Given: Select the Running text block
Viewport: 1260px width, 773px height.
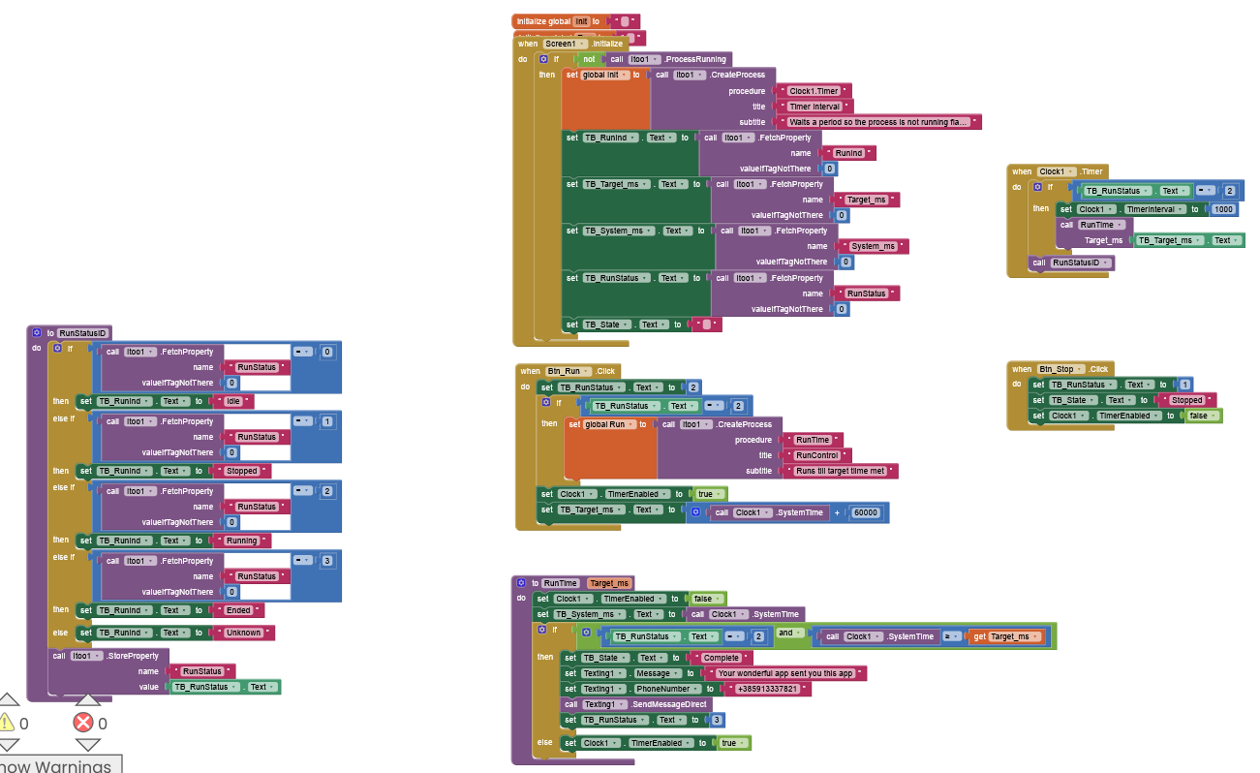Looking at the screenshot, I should (x=242, y=541).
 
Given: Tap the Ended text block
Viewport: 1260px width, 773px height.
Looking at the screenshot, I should (x=238, y=610).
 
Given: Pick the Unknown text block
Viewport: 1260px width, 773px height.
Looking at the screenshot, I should (x=243, y=633).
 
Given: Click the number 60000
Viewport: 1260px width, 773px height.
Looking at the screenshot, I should (x=865, y=512).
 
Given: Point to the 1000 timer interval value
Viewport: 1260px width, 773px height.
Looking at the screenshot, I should (x=1224, y=209).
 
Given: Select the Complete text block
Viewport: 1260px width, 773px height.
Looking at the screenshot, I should (x=721, y=658).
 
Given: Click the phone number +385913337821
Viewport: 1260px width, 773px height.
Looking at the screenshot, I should (x=767, y=689).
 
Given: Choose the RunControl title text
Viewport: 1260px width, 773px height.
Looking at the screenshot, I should (x=818, y=455).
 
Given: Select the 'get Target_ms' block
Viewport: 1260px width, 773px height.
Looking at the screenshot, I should (x=1006, y=636).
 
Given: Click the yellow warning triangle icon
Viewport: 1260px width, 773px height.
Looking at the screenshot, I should (x=8, y=722).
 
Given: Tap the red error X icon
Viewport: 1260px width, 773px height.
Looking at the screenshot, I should (x=83, y=722).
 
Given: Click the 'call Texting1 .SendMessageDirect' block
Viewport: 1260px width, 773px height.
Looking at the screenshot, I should (x=634, y=704).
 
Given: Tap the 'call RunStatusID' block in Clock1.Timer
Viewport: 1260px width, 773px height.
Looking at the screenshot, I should (x=1071, y=263).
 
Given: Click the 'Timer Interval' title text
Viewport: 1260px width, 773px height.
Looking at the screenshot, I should (x=814, y=107).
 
